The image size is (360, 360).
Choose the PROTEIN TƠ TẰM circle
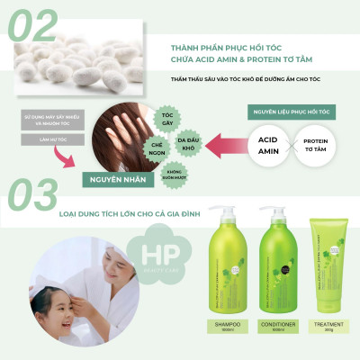click(314, 145)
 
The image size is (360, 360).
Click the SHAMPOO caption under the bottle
click(227, 325)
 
